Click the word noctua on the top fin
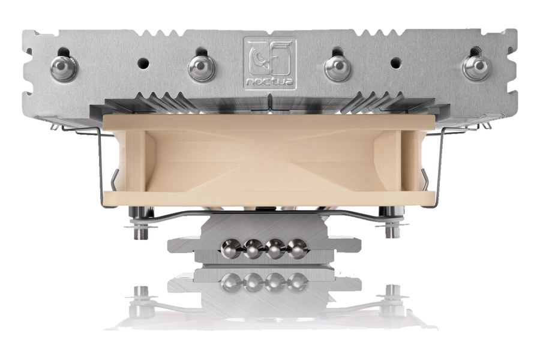click(x=269, y=82)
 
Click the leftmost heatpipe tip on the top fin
click(x=64, y=68)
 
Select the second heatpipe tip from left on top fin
click(x=202, y=68)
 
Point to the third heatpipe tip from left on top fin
click(x=338, y=68)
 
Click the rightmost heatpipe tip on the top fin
click(x=476, y=68)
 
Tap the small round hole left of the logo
click(x=143, y=63)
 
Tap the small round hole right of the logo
click(x=396, y=63)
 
